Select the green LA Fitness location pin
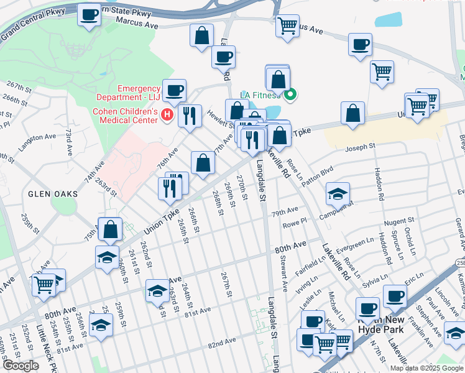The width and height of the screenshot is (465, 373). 290,95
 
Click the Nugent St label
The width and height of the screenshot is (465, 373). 399,221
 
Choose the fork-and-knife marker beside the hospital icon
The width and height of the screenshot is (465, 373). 190,115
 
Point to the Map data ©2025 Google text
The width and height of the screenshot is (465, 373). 426,368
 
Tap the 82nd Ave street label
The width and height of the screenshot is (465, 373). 223,343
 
